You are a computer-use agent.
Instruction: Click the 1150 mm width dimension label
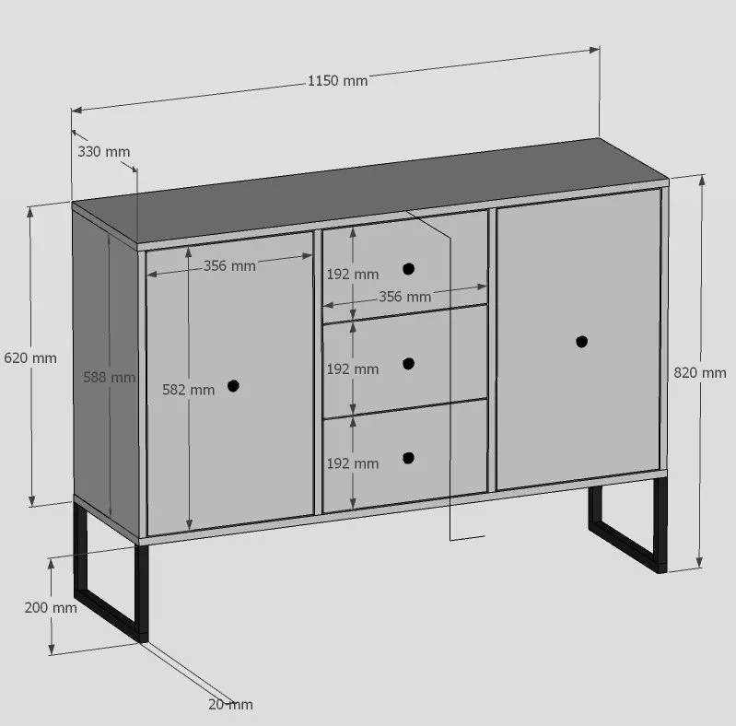tap(337, 81)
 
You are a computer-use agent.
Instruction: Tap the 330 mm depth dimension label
tap(104, 152)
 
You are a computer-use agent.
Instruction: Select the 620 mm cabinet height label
tap(30, 357)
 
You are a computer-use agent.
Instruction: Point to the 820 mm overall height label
tap(700, 372)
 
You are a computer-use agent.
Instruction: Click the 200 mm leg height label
tap(51, 608)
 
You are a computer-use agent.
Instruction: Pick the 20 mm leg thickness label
tap(230, 705)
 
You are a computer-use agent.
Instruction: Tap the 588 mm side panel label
tap(110, 377)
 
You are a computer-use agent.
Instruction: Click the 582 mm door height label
tap(189, 390)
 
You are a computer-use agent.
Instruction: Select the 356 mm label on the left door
tap(229, 265)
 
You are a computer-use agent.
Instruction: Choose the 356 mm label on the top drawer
tap(405, 297)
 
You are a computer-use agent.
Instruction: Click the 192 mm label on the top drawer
tap(353, 275)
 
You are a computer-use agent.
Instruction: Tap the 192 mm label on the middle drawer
tap(353, 369)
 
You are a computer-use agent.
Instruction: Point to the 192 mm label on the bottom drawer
tap(353, 463)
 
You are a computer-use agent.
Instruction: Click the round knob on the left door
tap(233, 385)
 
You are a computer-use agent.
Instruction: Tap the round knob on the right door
tap(581, 342)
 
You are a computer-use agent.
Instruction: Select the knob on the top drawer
tap(408, 269)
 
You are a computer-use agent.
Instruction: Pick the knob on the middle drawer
tap(408, 364)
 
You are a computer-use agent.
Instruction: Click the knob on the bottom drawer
tap(408, 458)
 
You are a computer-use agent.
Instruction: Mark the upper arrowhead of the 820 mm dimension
tap(702, 181)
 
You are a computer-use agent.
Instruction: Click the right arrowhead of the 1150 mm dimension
tap(594, 50)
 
